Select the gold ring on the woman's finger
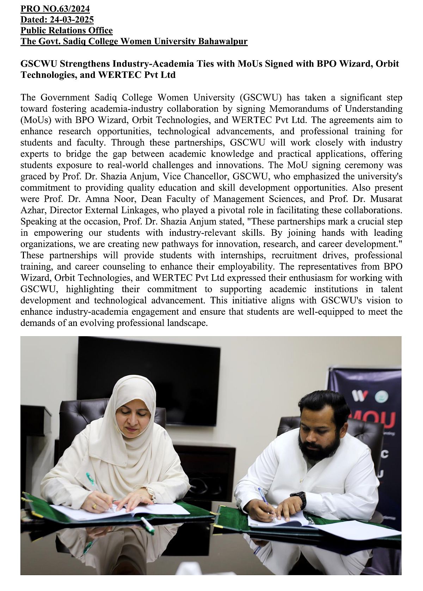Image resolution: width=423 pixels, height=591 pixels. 94,506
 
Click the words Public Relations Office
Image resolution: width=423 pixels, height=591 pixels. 67,30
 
